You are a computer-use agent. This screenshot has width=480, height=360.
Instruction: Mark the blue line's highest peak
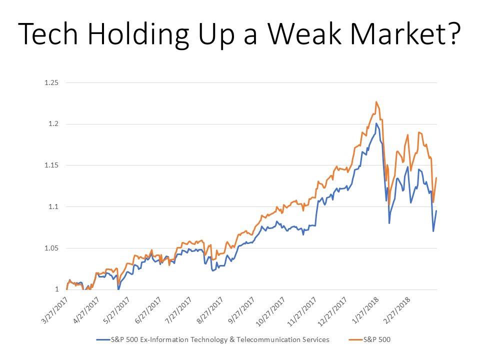[x=376, y=123]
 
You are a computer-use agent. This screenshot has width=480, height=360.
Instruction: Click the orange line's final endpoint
[x=436, y=177]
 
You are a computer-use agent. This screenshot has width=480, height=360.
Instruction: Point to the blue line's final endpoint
[x=436, y=210]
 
